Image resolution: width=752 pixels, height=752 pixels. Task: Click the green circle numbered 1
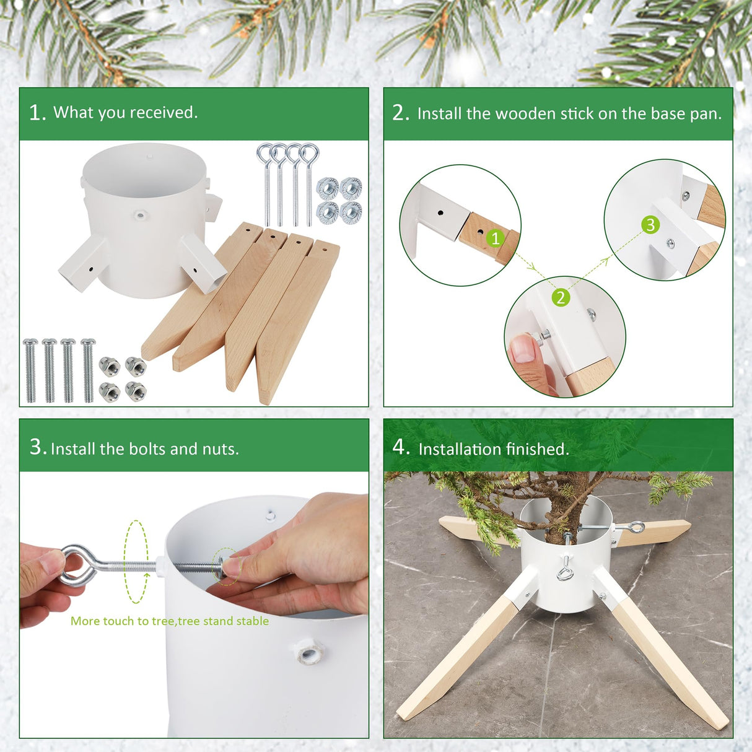(x=494, y=238)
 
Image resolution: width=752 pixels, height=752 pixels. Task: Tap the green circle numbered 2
(x=561, y=297)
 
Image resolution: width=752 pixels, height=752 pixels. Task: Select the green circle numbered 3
(x=650, y=224)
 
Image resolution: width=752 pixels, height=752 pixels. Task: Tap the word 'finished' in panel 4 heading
(x=536, y=449)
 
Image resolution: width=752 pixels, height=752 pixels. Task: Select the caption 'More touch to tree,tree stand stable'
(x=169, y=621)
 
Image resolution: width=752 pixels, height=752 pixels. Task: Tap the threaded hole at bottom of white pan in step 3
(x=310, y=652)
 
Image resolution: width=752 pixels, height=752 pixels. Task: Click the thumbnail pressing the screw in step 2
(x=524, y=350)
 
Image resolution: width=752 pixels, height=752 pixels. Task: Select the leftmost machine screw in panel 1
(x=30, y=370)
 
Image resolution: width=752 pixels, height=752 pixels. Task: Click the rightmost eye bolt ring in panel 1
(x=308, y=153)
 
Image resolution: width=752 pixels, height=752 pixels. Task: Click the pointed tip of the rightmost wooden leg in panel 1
(x=265, y=396)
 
